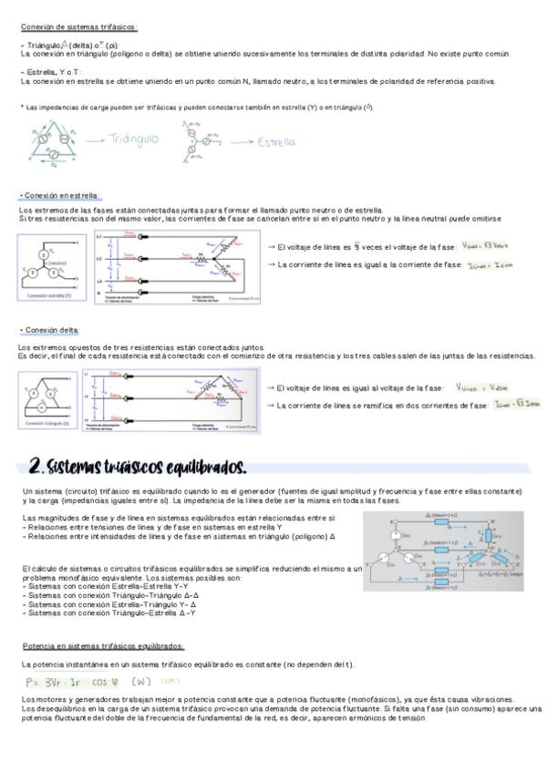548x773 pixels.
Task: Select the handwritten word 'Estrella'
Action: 277,142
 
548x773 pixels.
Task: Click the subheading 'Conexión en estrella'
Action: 60,196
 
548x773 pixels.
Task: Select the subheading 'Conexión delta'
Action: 51,329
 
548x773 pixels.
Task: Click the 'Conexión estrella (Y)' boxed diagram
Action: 49,268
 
